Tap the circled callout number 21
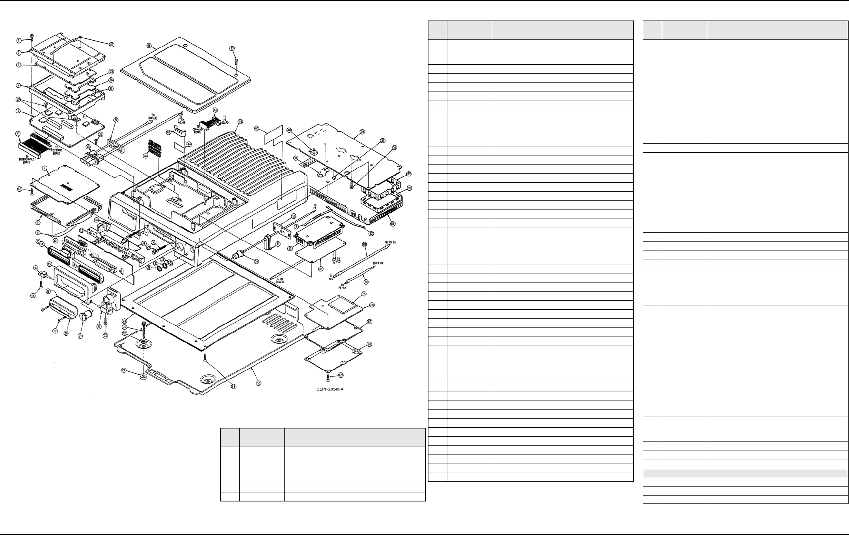pos(80,338)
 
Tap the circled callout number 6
pos(18,134)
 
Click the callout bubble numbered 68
pos(369,344)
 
